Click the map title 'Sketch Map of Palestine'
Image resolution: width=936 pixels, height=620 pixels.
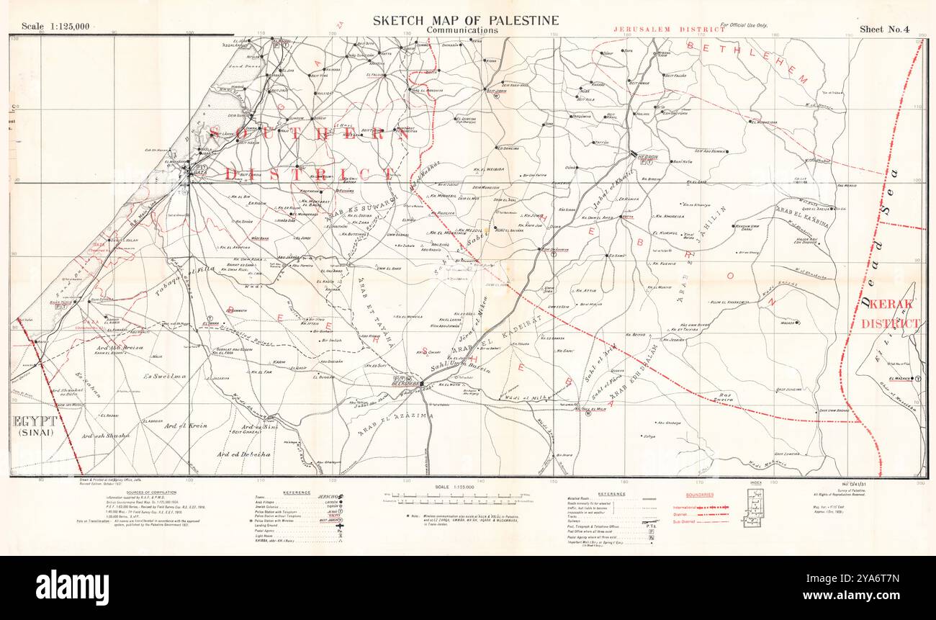click(465, 20)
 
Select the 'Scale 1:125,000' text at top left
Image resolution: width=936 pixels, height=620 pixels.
click(55, 27)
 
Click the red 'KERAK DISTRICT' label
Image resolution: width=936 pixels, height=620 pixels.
click(890, 314)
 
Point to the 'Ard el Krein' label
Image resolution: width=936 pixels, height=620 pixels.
click(185, 426)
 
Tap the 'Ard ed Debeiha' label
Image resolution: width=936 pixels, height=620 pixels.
click(243, 454)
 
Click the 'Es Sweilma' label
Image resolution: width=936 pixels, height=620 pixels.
click(165, 376)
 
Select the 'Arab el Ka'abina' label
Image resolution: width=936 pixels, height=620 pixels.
click(803, 217)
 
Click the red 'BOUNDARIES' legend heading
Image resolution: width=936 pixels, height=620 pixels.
click(699, 495)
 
